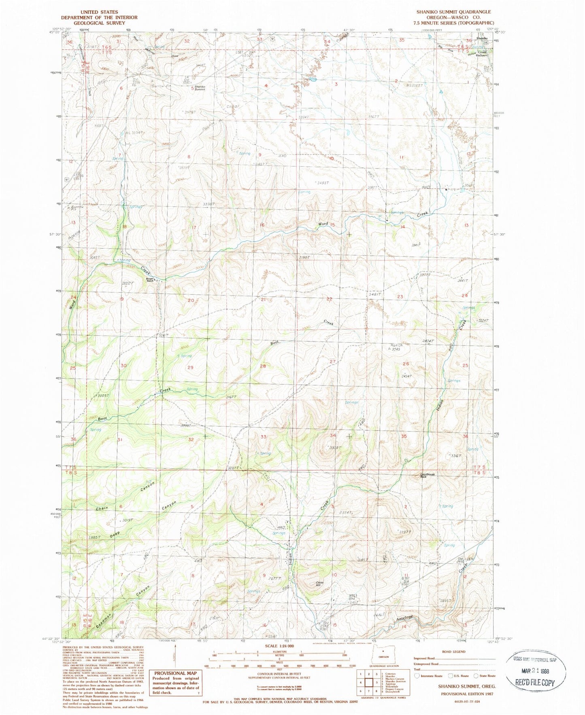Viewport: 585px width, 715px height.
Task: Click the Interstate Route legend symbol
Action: pos(418,676)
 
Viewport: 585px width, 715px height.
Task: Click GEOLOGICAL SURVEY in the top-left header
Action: pos(99,23)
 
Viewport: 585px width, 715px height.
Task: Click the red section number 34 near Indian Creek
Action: pos(333,435)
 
